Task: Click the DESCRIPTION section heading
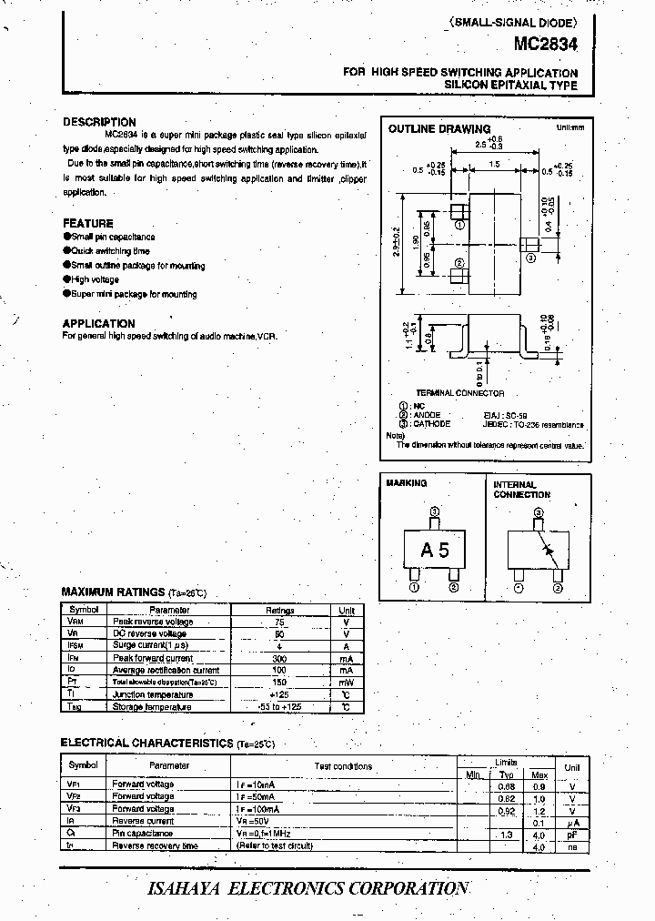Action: tap(99, 122)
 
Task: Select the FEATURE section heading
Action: tap(88, 223)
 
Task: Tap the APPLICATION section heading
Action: tap(98, 323)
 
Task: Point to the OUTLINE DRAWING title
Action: tap(439, 129)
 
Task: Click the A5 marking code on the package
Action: tap(435, 550)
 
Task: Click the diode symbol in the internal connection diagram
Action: tap(546, 550)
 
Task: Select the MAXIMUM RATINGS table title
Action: tap(113, 592)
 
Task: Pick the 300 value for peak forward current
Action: tap(279, 658)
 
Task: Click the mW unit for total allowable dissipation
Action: tap(347, 682)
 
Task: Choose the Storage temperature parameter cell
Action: tap(152, 706)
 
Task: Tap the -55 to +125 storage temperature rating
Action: tap(279, 706)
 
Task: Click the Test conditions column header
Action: tap(343, 766)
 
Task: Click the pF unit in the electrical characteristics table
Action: tap(571, 833)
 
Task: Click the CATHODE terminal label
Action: tap(431, 423)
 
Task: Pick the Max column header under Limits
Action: tap(539, 774)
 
